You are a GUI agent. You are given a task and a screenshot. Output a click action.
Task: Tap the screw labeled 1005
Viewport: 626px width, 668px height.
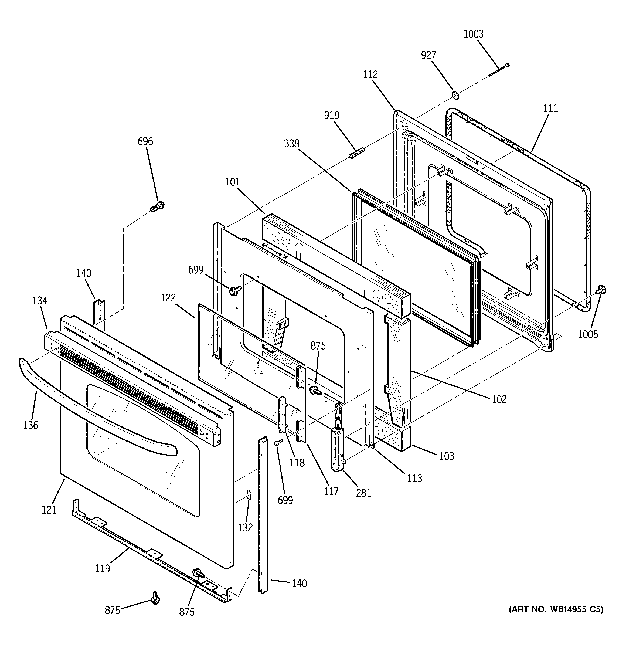click(601, 289)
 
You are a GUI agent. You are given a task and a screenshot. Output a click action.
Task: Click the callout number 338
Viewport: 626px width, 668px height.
click(291, 144)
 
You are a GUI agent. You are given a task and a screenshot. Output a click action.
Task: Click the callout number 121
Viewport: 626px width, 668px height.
click(49, 510)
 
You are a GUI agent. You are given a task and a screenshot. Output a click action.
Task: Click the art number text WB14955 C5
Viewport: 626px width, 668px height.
click(556, 609)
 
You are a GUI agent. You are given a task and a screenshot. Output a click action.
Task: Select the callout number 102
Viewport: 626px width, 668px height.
click(499, 399)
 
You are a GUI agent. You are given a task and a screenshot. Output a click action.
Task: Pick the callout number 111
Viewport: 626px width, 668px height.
click(550, 108)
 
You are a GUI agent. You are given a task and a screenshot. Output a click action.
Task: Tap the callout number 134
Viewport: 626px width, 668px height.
click(40, 301)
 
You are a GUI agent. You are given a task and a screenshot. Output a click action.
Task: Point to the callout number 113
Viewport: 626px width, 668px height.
click(414, 478)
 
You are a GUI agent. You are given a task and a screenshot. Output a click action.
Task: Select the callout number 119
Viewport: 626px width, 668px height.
click(102, 568)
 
